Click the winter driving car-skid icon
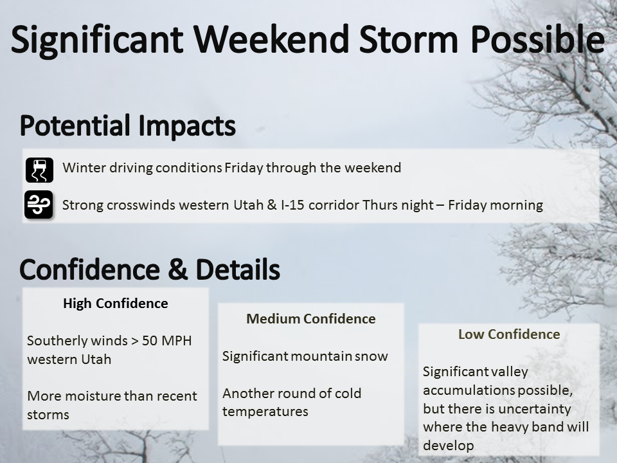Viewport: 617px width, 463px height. click(39, 170)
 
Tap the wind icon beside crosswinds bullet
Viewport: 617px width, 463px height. click(39, 204)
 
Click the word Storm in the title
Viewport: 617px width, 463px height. click(409, 39)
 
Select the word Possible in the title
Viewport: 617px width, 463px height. click(537, 39)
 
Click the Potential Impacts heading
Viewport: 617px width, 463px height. click(127, 126)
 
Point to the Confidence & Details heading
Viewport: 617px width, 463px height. click(150, 269)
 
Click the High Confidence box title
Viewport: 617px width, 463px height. click(116, 304)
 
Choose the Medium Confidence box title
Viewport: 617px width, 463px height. click(311, 319)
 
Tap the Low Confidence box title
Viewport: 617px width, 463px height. click(509, 334)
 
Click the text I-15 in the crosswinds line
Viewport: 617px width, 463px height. click(292, 205)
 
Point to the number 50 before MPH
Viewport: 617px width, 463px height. click(150, 341)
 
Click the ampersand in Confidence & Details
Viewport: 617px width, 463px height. click(177, 269)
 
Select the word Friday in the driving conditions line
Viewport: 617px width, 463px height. click(244, 168)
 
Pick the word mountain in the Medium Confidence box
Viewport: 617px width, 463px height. click(321, 356)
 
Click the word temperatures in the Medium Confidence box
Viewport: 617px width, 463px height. click(265, 412)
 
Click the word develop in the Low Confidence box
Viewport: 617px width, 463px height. click(449, 446)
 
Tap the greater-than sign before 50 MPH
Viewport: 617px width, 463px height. click(134, 341)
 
